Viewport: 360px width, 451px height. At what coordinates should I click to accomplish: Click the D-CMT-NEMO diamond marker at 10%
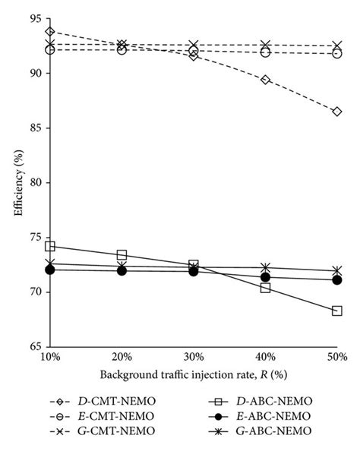(50, 31)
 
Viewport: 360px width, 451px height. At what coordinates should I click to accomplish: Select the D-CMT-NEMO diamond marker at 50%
(337, 112)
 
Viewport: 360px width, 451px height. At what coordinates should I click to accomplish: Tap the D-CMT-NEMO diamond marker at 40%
(266, 80)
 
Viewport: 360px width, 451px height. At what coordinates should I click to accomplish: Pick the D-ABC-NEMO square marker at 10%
(50, 246)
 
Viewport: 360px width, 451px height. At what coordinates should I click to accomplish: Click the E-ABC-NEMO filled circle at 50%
(337, 279)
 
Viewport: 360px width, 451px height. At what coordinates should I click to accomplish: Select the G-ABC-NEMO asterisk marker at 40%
(266, 267)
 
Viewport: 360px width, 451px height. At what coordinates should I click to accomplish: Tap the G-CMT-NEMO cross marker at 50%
(337, 46)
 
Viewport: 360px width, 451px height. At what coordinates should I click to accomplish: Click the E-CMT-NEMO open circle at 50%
(337, 53)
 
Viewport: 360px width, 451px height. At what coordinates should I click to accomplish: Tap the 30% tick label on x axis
(194, 357)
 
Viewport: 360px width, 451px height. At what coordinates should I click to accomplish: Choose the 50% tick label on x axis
(337, 357)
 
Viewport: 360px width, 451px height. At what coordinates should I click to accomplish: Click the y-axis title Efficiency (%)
(17, 182)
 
